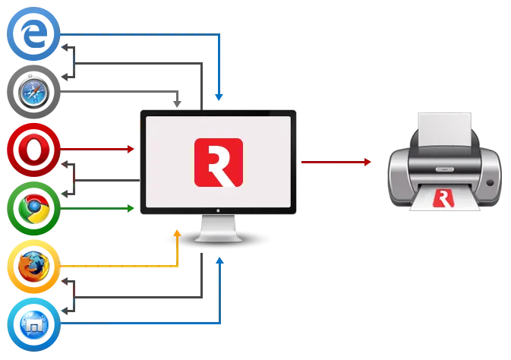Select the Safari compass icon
pos(33,92)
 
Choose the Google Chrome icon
pos(33,207)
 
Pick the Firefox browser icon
pos(33,267)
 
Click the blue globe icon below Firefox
pos(33,325)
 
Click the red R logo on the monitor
pos(218,162)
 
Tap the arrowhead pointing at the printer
pos(371,162)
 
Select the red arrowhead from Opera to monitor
pos(134,149)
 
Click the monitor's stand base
pos(218,237)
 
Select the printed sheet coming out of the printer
pos(443,198)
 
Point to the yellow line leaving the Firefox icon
pos(114,265)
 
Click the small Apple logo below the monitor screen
pos(218,214)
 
